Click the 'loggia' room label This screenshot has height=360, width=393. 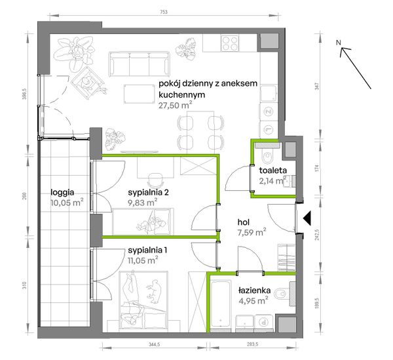(x=62, y=193)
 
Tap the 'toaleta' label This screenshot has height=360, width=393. (x=273, y=170)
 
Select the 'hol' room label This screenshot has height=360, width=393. (x=243, y=222)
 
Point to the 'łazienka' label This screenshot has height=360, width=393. (x=254, y=290)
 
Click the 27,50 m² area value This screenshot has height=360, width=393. (x=175, y=105)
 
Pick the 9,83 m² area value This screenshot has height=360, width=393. (x=143, y=202)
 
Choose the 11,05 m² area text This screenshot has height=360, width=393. (x=143, y=260)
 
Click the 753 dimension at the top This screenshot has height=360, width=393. (x=163, y=12)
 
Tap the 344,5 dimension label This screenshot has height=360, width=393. (x=154, y=344)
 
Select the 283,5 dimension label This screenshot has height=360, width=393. (x=252, y=344)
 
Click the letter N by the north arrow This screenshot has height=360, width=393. (x=339, y=43)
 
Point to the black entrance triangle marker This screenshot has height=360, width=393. (x=307, y=218)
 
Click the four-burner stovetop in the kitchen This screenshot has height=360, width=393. (x=230, y=43)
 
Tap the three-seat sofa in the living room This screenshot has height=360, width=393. (x=140, y=64)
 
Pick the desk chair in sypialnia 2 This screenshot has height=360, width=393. (x=155, y=180)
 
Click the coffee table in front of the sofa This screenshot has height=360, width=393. (x=140, y=94)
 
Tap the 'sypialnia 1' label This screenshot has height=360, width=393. (x=147, y=250)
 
